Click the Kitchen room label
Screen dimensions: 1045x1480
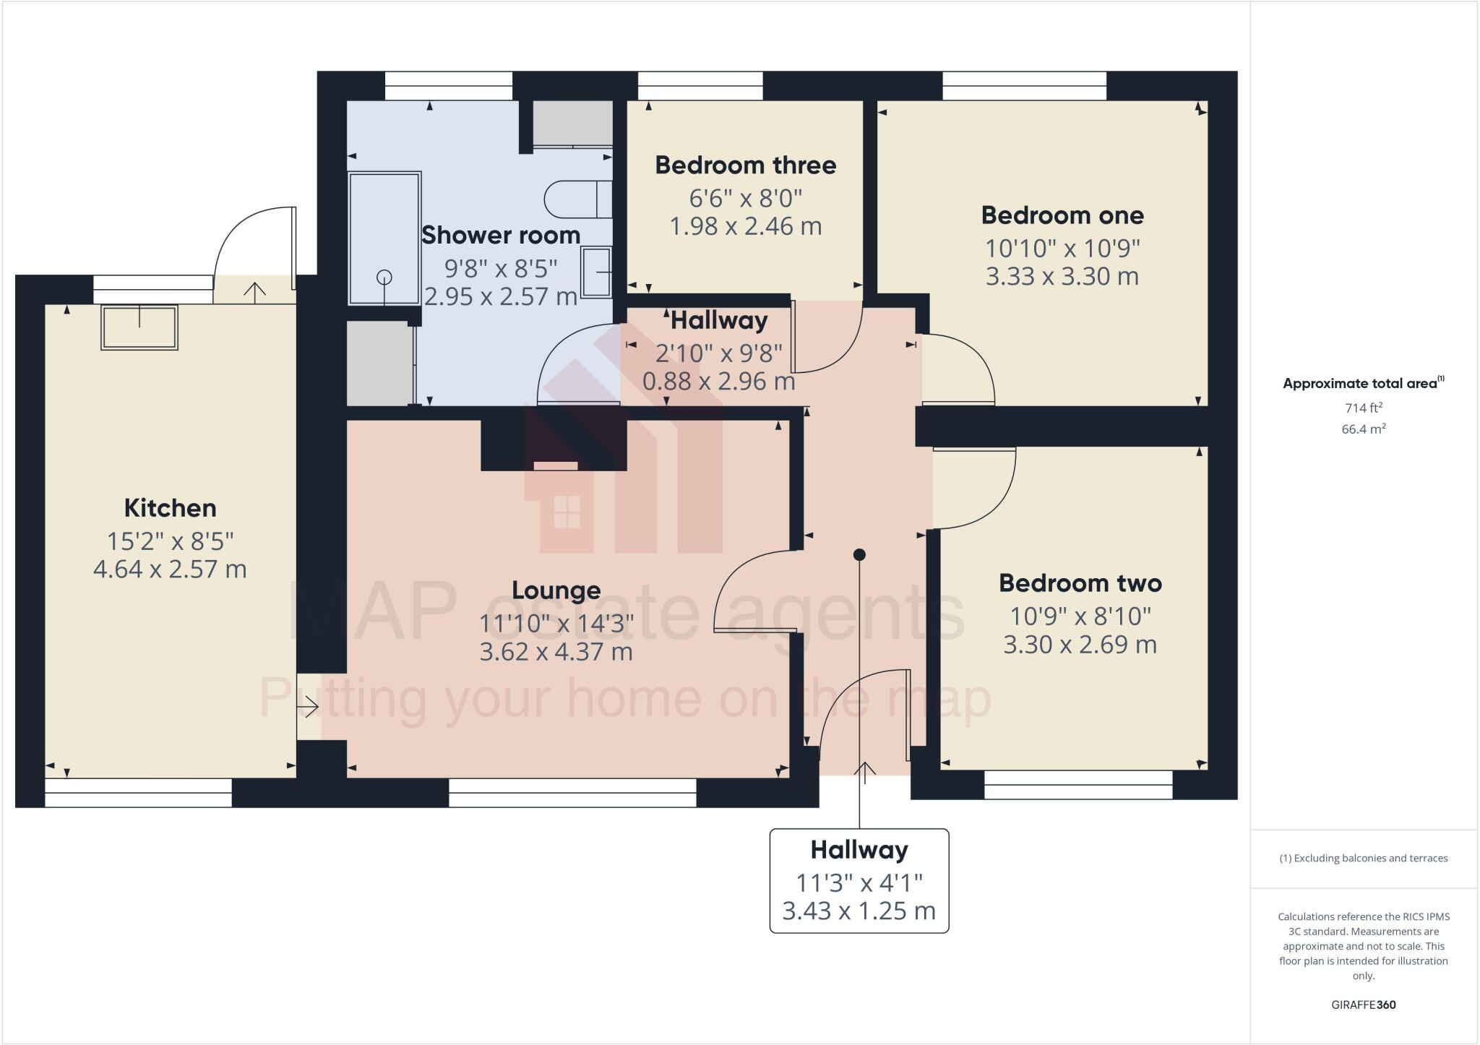(x=170, y=508)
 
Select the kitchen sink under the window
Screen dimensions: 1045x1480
(x=139, y=327)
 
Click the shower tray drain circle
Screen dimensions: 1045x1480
(x=384, y=276)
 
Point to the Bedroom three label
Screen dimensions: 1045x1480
(x=745, y=165)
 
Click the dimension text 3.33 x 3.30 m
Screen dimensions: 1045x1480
(x=1062, y=277)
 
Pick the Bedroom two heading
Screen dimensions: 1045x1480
(x=1080, y=583)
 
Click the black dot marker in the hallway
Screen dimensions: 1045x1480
(x=859, y=555)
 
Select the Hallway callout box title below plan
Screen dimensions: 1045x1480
(x=859, y=850)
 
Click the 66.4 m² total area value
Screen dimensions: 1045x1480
(x=1363, y=429)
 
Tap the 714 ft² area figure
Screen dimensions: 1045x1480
(x=1363, y=408)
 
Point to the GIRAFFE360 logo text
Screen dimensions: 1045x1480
(x=1363, y=1005)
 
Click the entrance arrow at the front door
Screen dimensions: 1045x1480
(x=865, y=771)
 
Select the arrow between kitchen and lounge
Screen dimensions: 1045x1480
(x=309, y=706)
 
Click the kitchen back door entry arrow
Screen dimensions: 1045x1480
(x=254, y=291)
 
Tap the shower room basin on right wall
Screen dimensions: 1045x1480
(x=597, y=272)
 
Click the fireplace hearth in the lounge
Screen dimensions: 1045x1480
(x=555, y=466)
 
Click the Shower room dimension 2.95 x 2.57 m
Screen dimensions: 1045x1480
(x=500, y=297)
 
